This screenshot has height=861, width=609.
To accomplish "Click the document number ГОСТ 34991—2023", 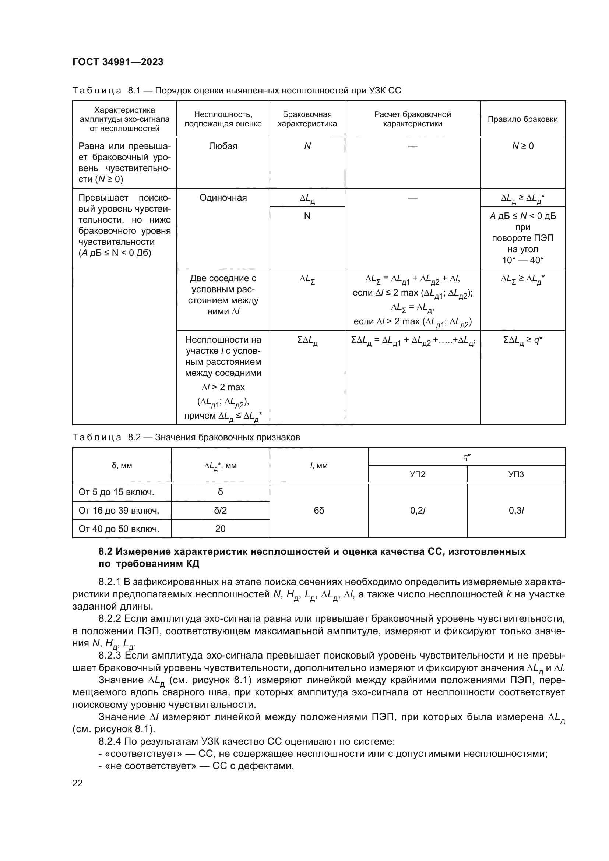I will tap(118, 62).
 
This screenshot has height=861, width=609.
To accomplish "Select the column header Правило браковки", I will tap(522, 119).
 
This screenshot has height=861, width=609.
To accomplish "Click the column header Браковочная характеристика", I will tap(307, 119).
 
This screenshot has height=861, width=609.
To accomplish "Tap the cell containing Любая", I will tap(223, 146).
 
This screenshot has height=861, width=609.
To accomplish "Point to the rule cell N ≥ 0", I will tap(522, 146).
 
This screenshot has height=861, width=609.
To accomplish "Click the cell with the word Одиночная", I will tap(223, 198).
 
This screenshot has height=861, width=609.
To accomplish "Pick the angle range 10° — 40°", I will tap(522, 260).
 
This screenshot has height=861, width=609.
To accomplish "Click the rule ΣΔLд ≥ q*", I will tap(522, 340).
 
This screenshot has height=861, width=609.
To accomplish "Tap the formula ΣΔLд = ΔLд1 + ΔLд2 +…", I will tap(412, 340).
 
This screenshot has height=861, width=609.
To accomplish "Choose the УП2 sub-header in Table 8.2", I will tap(418, 474).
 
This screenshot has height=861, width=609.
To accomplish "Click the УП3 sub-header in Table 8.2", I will tap(515, 474).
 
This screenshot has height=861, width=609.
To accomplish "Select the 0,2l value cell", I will tap(418, 510).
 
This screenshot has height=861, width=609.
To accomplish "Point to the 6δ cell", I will tap(319, 510).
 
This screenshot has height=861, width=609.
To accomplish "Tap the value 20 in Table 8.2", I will tap(220, 529).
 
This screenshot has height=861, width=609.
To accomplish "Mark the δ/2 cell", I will tap(220, 510).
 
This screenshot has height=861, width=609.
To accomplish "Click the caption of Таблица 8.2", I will tap(186, 437).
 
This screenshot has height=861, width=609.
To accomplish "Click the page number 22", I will tap(78, 783).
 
